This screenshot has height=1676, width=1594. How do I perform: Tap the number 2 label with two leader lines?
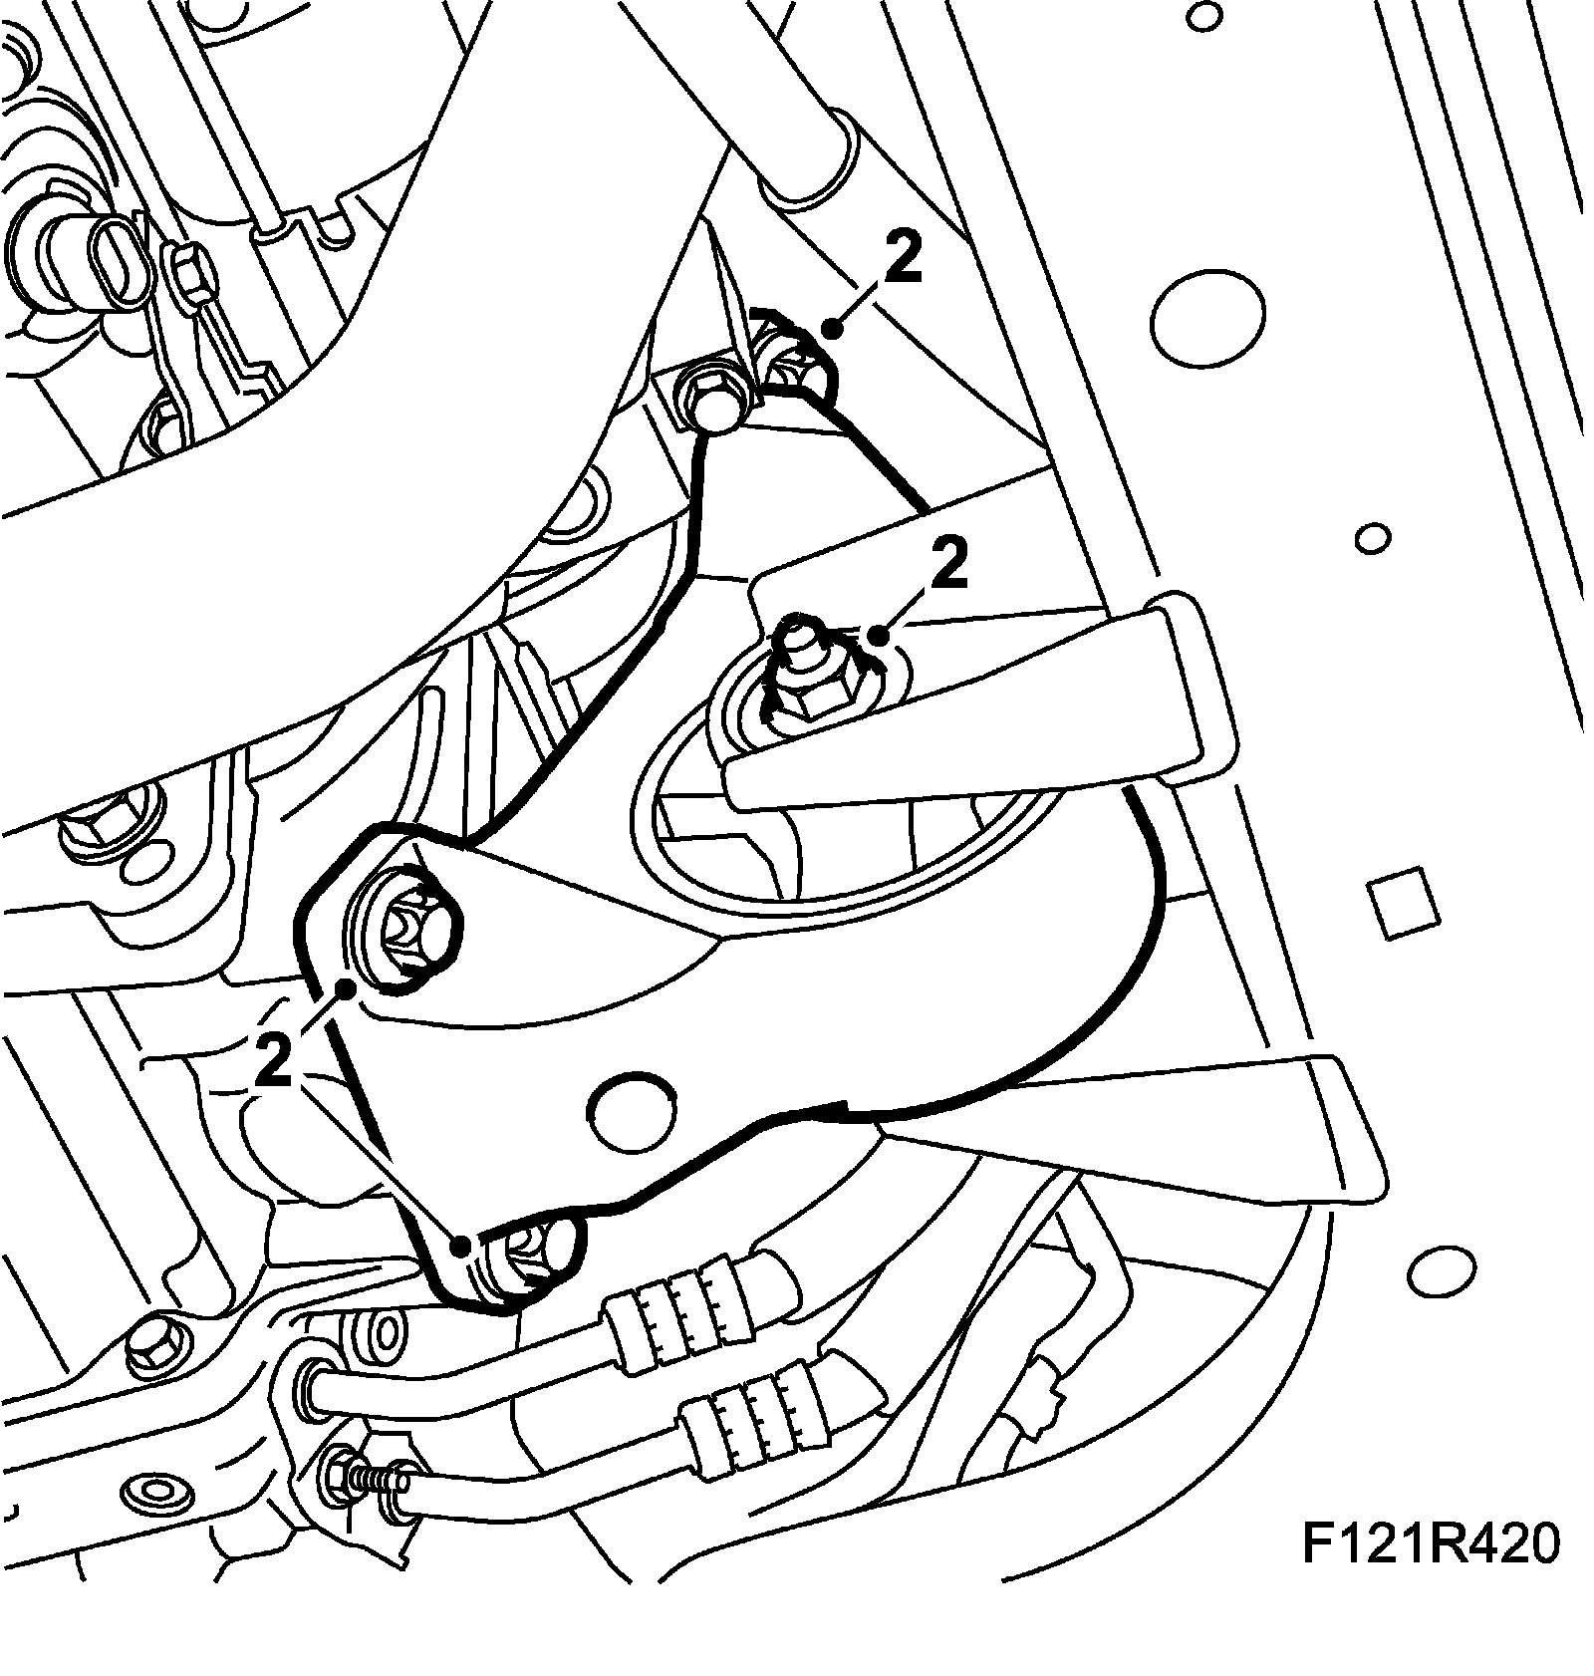tap(274, 1059)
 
